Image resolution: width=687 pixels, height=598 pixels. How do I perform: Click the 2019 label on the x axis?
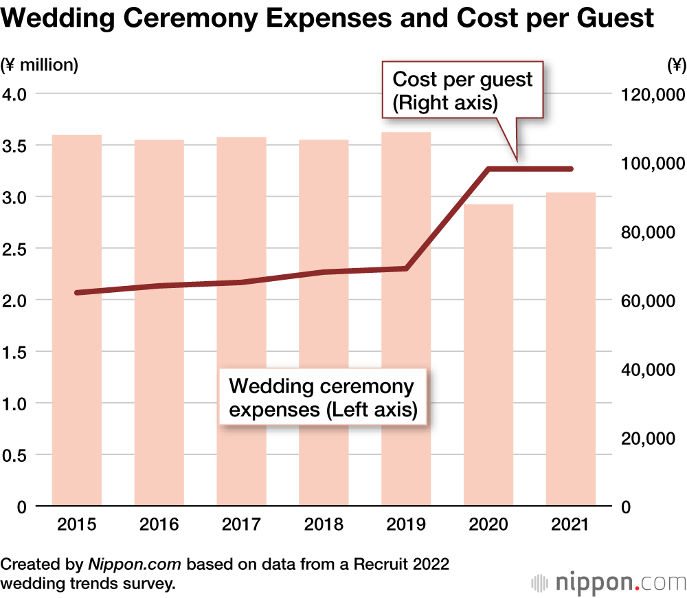coord(406,525)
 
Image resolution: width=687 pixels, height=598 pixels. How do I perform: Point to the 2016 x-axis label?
coord(159,525)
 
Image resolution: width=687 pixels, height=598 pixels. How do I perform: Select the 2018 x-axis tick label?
coord(324,525)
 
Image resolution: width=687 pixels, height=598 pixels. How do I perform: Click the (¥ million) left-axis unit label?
coord(40,65)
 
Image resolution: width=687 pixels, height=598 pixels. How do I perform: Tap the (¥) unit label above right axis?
coord(675,65)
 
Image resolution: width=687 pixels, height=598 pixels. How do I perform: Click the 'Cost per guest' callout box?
coord(462,90)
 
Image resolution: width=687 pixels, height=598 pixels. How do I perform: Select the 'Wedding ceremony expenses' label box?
coord(323,398)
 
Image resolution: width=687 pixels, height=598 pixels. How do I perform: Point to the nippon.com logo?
coord(609,583)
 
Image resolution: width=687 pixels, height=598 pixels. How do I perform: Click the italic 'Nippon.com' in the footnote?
coord(134,564)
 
